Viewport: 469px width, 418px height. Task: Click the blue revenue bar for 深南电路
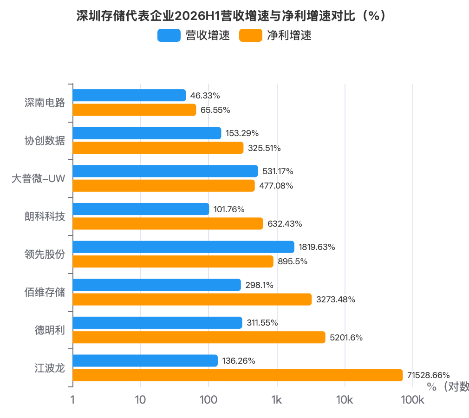pos(129,96)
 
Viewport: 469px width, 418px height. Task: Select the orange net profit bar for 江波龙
pos(238,375)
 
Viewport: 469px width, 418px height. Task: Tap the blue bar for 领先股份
pos(183,247)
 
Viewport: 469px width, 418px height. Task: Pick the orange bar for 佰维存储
pos(192,299)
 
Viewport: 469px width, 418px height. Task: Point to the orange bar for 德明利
pos(199,337)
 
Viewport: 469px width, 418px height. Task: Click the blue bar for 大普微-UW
pos(165,171)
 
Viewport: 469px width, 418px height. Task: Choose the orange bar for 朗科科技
pos(168,223)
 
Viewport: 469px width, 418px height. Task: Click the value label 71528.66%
pos(428,375)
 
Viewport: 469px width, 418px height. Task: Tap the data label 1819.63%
pos(317,247)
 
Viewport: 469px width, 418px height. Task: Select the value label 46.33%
pos(205,96)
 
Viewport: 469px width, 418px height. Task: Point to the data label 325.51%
pos(264,148)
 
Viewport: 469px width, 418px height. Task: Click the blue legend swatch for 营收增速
pos(169,35)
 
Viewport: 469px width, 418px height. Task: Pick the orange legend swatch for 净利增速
pos(251,35)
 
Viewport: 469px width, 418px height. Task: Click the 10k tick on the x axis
pos(345,400)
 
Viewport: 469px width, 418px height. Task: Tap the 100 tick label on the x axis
pos(208,400)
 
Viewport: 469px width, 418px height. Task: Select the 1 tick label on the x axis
pos(72,400)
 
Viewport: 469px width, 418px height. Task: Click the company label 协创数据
pos(45,140)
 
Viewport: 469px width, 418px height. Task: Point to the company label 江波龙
pos(50,368)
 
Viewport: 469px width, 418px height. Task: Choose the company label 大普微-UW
pos(38,178)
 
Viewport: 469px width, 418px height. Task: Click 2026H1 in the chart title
pos(197,16)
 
